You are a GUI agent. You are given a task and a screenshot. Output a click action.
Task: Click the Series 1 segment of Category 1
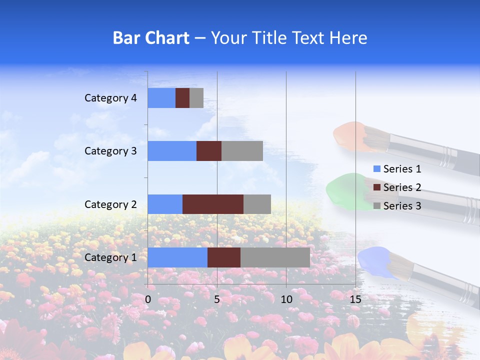(x=177, y=257)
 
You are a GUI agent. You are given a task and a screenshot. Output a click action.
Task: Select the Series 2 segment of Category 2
(x=213, y=204)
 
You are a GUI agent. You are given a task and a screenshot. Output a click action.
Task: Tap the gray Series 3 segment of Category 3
(x=242, y=151)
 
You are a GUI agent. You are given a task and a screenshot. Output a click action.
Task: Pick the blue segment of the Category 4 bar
(x=161, y=98)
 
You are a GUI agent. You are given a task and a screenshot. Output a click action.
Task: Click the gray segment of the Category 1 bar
(x=275, y=257)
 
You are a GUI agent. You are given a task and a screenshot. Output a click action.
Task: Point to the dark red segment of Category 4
(x=182, y=98)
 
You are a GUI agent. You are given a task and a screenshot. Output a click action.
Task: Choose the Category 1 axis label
(x=110, y=257)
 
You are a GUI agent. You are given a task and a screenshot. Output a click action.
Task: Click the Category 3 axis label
(x=110, y=151)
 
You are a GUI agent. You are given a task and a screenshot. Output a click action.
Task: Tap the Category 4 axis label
(x=110, y=98)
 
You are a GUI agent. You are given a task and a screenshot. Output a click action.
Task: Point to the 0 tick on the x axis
(x=148, y=299)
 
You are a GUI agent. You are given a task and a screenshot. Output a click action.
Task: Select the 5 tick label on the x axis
(x=217, y=299)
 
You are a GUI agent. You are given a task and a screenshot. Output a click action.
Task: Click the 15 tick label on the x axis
(x=355, y=299)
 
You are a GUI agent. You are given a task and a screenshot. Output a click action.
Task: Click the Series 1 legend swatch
(x=377, y=169)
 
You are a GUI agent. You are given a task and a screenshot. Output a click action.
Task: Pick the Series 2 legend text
(x=402, y=187)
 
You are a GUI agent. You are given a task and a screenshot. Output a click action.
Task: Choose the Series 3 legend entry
(x=397, y=206)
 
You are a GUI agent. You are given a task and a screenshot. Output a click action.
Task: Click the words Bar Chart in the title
(x=151, y=38)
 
